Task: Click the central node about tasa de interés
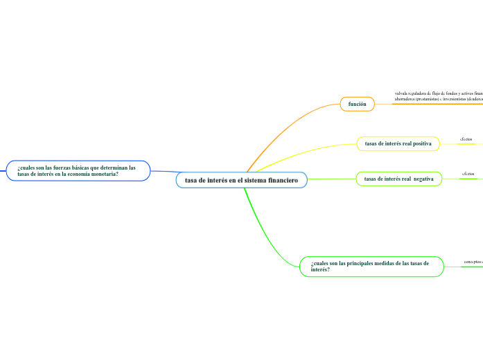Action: [x=241, y=180]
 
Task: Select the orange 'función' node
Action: [x=357, y=104]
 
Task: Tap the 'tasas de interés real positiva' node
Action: [x=398, y=143]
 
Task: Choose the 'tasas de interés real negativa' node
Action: [x=398, y=179]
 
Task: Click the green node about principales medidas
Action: [x=371, y=267]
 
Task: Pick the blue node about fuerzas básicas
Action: [x=78, y=170]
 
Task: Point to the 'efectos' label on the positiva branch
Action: [x=465, y=138]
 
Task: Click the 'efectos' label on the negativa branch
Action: [x=468, y=173]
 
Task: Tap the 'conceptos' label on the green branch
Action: [x=473, y=262]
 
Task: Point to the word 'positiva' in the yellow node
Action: [x=418, y=143]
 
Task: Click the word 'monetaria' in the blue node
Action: [x=102, y=174]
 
